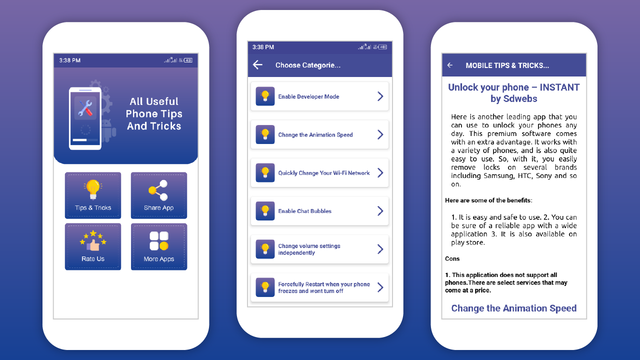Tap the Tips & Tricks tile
(x=93, y=195)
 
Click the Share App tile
(x=159, y=195)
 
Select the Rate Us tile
(x=93, y=246)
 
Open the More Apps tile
(x=159, y=246)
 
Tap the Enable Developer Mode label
(x=308, y=96)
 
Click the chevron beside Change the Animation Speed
(x=380, y=134)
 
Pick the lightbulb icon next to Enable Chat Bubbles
(x=265, y=211)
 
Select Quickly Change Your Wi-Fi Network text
(x=323, y=173)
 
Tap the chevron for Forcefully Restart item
(x=380, y=287)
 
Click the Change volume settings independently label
(x=309, y=249)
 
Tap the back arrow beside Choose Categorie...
(x=257, y=65)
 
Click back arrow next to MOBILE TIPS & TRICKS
(x=449, y=65)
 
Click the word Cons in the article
(x=452, y=258)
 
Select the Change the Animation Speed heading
(x=513, y=308)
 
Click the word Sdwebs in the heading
(x=520, y=98)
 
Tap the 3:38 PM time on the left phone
(x=69, y=60)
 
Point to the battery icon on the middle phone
(x=383, y=47)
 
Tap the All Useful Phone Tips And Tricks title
(x=154, y=113)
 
